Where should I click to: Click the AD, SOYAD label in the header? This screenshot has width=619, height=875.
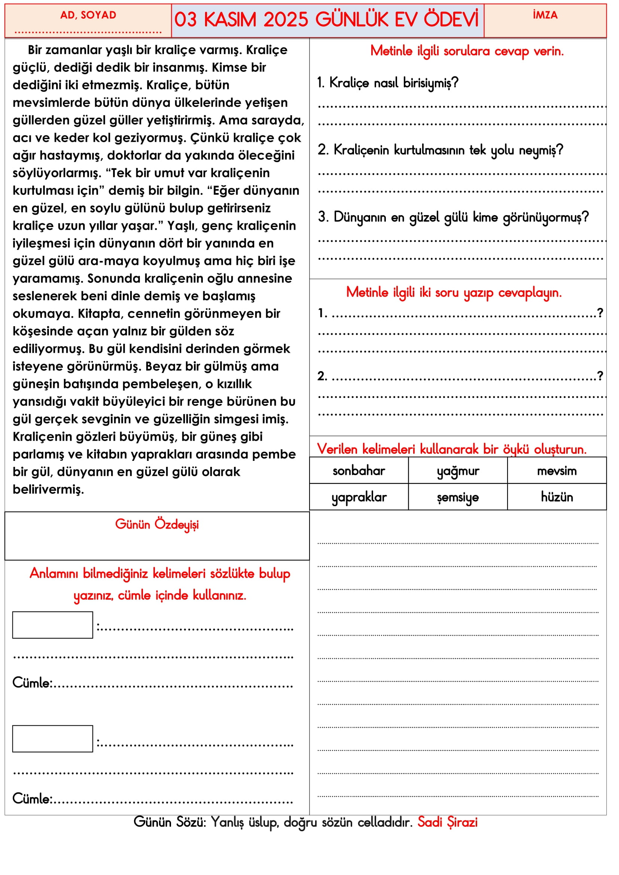coord(88,15)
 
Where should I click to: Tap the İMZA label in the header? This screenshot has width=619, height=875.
coord(545,15)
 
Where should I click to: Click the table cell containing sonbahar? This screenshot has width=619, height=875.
coord(359,471)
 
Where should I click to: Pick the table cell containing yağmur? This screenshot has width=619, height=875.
coord(458,471)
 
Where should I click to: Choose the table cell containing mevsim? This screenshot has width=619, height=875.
coord(557,471)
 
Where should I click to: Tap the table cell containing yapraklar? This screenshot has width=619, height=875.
coord(359,497)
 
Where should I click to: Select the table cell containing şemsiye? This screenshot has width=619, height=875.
coord(458,497)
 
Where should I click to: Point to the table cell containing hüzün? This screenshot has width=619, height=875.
coord(557,497)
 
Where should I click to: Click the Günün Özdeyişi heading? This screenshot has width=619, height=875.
coord(157,525)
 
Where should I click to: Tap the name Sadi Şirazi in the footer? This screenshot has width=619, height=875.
coord(448,822)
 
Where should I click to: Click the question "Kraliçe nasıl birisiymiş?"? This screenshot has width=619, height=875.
coord(388,83)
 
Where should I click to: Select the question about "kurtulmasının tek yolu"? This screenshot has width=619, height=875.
coord(440,150)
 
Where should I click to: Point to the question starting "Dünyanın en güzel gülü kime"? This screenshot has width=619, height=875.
coord(454,217)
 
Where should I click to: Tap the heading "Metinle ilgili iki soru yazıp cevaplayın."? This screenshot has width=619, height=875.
coord(454,293)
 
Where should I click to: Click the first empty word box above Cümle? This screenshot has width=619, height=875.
coord(53,625)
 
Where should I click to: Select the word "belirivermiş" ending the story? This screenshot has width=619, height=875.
coord(48,489)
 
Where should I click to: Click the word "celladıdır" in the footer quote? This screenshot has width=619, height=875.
coord(385,822)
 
